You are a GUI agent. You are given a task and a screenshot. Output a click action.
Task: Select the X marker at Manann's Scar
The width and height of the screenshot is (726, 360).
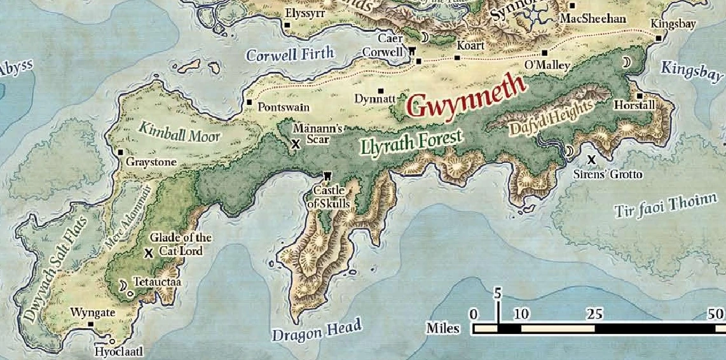(295, 144)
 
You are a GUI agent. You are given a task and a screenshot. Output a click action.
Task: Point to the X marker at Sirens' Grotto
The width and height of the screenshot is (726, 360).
(591, 158)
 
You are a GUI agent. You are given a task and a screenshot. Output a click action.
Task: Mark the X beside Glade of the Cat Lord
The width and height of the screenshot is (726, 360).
(149, 253)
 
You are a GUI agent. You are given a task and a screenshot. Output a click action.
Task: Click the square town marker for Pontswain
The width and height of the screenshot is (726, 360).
(250, 102)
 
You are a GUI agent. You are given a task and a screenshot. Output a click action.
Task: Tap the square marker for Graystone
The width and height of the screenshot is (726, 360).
(120, 152)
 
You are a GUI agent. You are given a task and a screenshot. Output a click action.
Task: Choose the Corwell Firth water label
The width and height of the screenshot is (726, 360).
(290, 55)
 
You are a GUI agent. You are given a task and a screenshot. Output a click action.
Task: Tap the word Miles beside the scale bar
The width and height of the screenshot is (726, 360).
(443, 328)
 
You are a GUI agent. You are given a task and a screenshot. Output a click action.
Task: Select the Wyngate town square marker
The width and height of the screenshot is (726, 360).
(91, 324)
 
